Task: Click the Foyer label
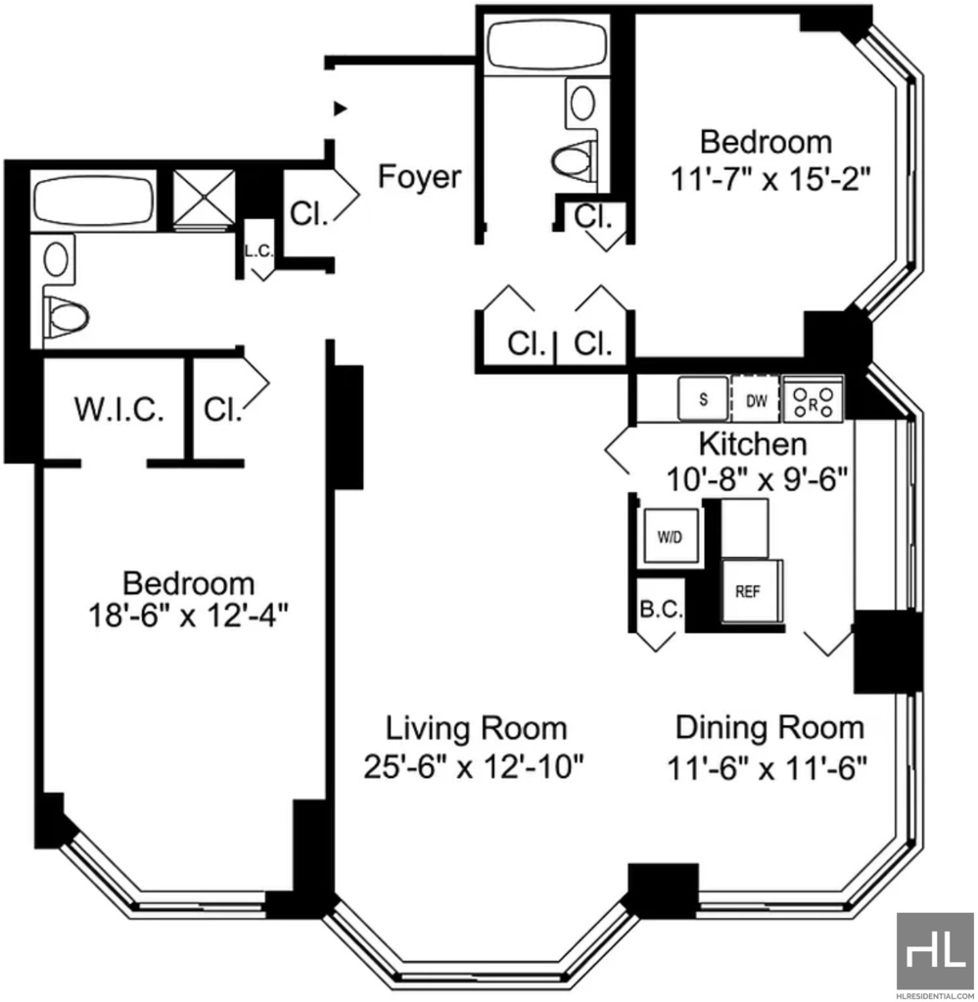tap(419, 176)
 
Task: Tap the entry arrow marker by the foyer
tap(341, 109)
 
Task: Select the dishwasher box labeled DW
tap(756, 400)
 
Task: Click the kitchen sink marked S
tap(703, 399)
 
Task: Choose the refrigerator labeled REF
tap(751, 591)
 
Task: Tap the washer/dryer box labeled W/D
tap(670, 537)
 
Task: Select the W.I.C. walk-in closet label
tap(118, 409)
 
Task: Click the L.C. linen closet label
tap(258, 251)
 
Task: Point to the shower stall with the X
tap(205, 198)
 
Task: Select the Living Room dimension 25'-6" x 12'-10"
tap(474, 767)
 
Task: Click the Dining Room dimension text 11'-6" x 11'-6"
tap(767, 767)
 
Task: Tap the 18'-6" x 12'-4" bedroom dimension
tap(188, 616)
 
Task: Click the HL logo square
tap(935, 950)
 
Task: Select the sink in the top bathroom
tap(582, 102)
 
